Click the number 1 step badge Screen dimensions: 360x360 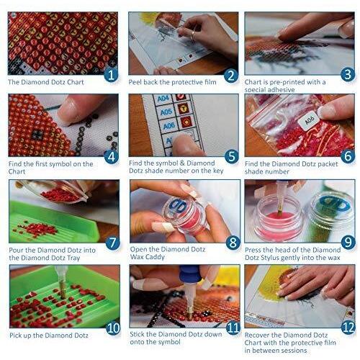pyautogui.click(x=111, y=75)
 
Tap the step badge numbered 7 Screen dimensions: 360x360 pyautogui.click(x=112, y=243)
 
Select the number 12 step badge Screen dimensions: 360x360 pyautogui.click(x=348, y=328)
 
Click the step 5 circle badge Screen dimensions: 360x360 pyautogui.click(x=232, y=156)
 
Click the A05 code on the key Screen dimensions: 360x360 pyautogui.click(x=166, y=112)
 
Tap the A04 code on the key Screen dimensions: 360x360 pyautogui.click(x=163, y=99)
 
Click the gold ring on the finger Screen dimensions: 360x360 pyautogui.click(x=192, y=35)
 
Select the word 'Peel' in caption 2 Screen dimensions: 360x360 pyautogui.click(x=135, y=82)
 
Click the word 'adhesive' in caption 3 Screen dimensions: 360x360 pyautogui.click(x=282, y=90)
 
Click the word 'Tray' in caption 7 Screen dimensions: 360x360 pyautogui.click(x=73, y=258)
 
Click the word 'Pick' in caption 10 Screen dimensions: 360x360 pyautogui.click(x=16, y=336)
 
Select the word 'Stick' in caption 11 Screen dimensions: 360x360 pyautogui.click(x=137, y=334)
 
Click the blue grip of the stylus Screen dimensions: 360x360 pyautogui.click(x=189, y=274)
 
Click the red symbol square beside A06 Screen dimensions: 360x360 pyautogui.click(x=186, y=122)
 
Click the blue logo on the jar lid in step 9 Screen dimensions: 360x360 pyautogui.click(x=335, y=204)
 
